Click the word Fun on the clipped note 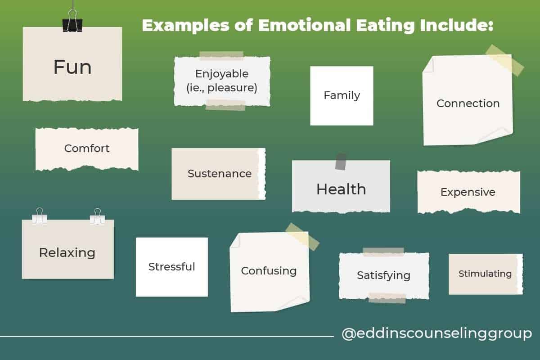pos(72,67)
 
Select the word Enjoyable pos(221,73)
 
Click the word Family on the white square pos(342,95)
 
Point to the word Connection pos(468,103)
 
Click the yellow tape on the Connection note pos(504,60)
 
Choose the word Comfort pos(87,148)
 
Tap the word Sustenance pos(220,174)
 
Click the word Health pos(341,189)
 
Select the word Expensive pos(468,192)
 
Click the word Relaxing pos(67,252)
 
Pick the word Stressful pos(172,267)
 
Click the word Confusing pos(269,271)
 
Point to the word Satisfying pos(383,275)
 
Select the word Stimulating pos(485,274)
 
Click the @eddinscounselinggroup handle pos(436,334)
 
